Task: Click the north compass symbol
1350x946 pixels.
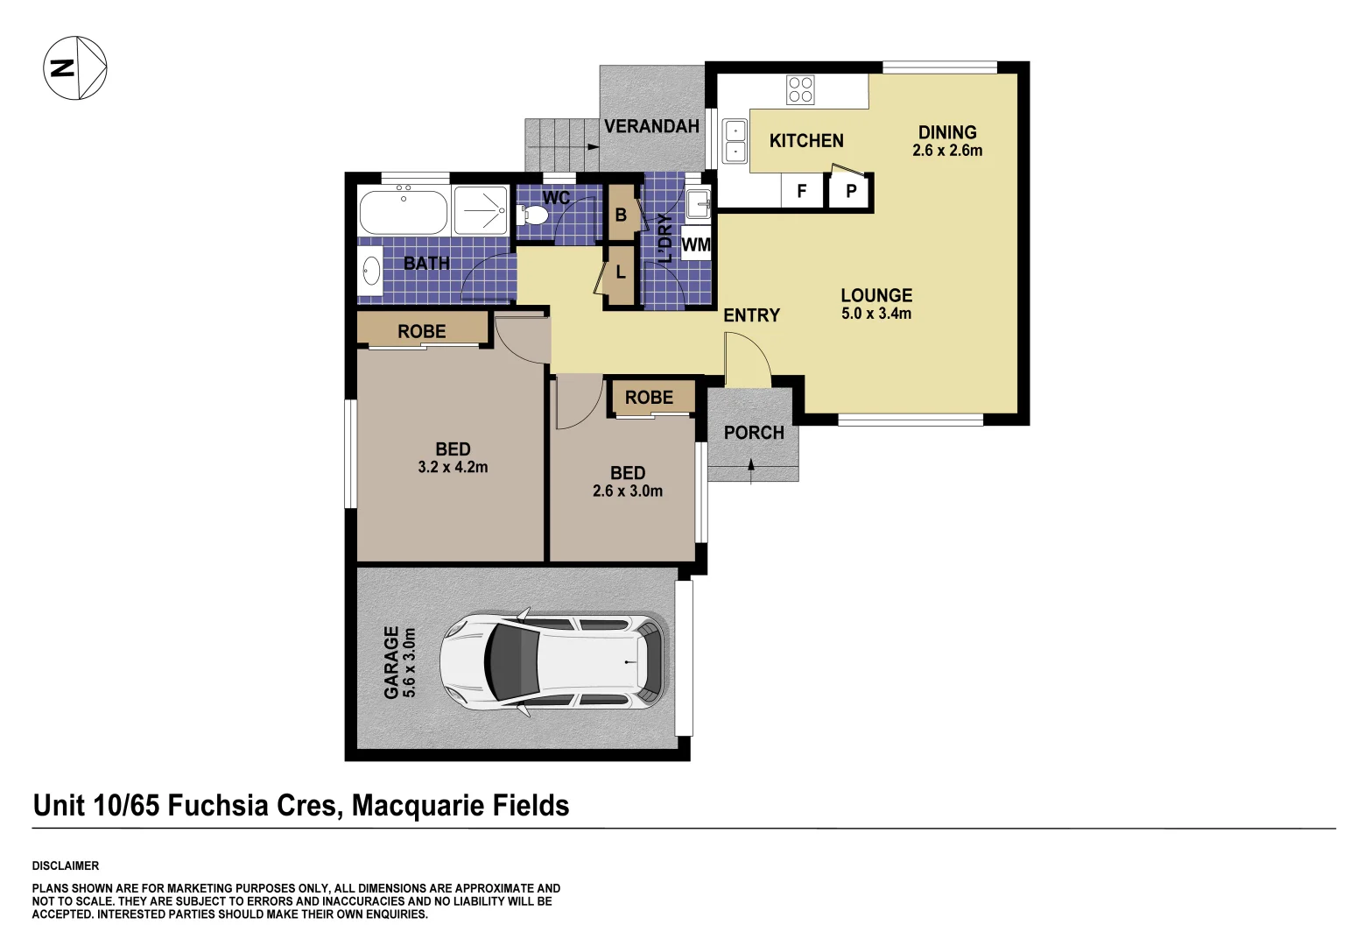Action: pos(75,67)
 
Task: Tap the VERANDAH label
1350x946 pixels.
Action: pos(651,126)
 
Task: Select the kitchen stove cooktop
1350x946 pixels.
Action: pos(800,89)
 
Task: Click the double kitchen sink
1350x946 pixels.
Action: pos(735,141)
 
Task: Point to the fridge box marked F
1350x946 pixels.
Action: pos(801,191)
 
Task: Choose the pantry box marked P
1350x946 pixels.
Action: pos(850,191)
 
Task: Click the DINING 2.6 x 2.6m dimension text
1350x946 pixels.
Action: pos(947,151)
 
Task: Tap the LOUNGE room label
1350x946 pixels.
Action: pos(876,296)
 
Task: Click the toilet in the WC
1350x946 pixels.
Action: pos(533,214)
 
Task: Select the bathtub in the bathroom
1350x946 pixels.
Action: pos(403,211)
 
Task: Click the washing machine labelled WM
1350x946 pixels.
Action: pos(696,244)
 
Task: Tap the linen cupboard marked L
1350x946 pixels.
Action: pos(621,272)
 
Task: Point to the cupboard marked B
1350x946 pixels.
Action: pos(621,215)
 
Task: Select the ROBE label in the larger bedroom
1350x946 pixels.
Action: pos(422,331)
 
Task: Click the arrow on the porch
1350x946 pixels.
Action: pos(751,469)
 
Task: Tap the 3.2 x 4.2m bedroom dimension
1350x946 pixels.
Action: pos(453,468)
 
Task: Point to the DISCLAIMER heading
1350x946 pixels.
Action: pos(66,865)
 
